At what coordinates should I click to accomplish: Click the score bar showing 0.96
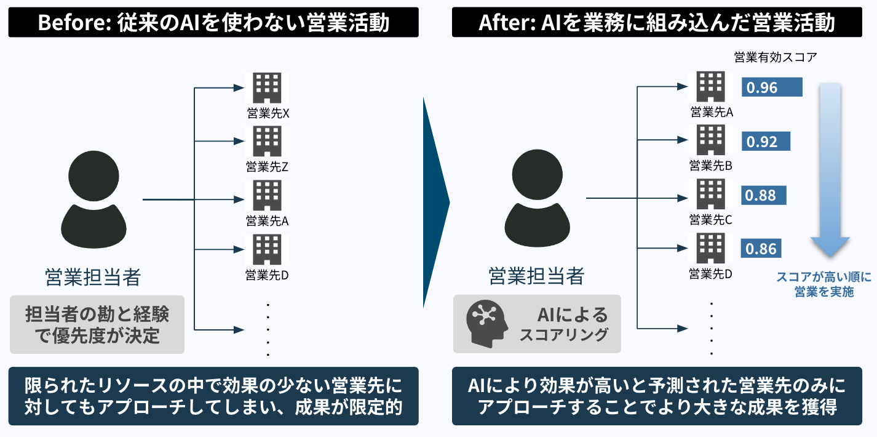click(x=772, y=87)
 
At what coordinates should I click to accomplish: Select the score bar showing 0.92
click(x=766, y=142)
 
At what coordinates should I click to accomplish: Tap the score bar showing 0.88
click(x=764, y=196)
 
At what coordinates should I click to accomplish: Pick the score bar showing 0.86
click(x=762, y=249)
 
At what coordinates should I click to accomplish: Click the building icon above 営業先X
click(x=268, y=87)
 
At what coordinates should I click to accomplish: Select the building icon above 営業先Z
click(x=268, y=141)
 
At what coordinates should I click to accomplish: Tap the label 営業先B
click(x=710, y=166)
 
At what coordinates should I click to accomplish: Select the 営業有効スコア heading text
click(x=776, y=58)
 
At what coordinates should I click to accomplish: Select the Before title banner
click(x=213, y=23)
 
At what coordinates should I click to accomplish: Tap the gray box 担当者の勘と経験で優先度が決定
click(x=97, y=325)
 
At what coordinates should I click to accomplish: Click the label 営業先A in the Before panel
click(x=267, y=220)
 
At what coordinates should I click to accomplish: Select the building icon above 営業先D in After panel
click(x=710, y=249)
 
